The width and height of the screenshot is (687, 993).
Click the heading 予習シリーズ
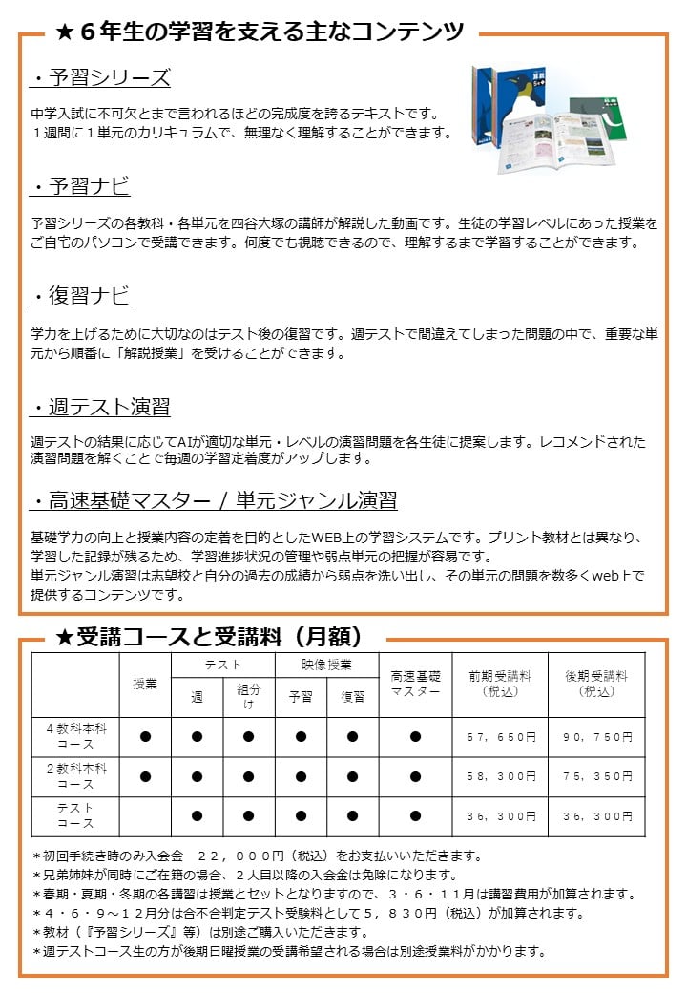(99, 78)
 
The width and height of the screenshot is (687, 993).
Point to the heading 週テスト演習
(99, 408)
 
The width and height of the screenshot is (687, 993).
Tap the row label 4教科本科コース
(76, 736)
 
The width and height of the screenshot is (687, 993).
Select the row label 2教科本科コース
(76, 776)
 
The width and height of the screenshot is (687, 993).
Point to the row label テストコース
(76, 815)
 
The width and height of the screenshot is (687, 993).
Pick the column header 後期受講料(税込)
(596, 683)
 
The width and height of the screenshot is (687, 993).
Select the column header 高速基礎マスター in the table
(415, 684)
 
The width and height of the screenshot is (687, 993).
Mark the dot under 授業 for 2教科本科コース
(145, 777)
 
